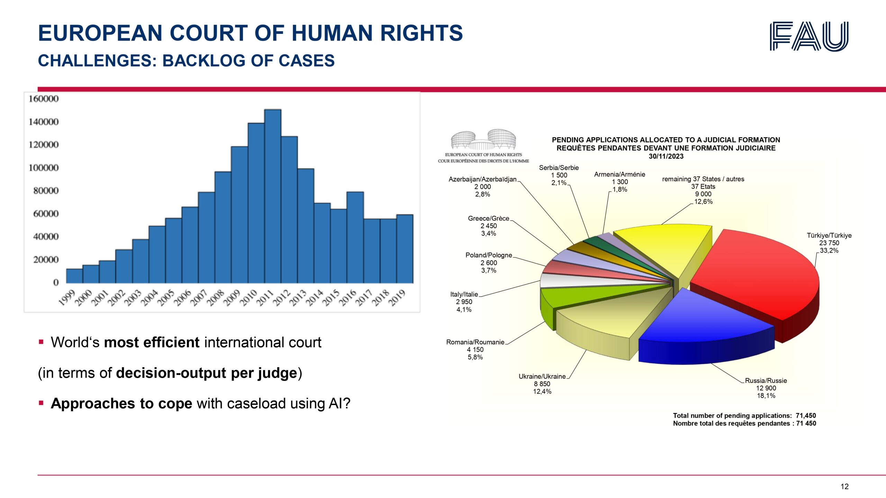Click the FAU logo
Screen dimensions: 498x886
(809, 36)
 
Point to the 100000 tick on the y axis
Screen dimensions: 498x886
(44, 168)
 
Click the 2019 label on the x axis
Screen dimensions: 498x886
(397, 298)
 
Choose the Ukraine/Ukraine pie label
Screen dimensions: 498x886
(542, 376)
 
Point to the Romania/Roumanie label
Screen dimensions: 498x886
(475, 342)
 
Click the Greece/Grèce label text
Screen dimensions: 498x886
(488, 218)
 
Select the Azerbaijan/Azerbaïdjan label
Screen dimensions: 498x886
(482, 179)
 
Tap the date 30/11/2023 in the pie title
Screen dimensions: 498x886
(666, 156)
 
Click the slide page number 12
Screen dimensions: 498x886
(844, 487)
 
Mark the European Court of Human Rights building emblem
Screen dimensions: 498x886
(483, 140)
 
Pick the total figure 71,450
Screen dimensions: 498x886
(806, 415)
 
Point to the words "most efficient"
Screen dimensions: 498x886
(152, 342)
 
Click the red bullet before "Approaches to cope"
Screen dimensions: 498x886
(41, 403)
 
